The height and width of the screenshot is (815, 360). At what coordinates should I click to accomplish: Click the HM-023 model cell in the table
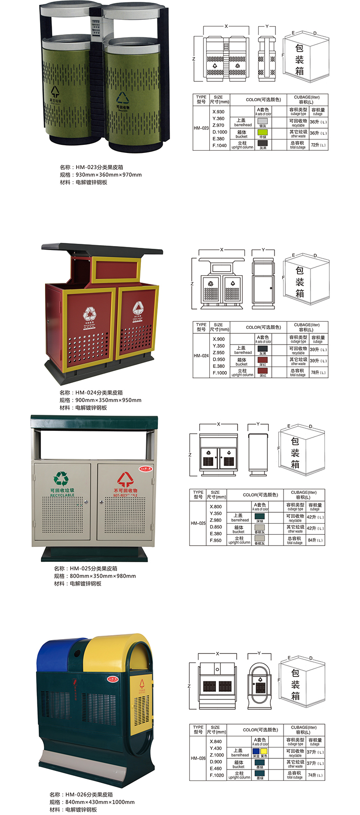201,128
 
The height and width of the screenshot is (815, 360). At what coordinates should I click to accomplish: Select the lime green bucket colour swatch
262,132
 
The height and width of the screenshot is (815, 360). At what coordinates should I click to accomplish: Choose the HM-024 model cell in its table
201,356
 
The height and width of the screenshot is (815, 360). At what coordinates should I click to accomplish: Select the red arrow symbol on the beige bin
125,479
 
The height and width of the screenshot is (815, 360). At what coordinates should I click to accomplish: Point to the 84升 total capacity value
315,540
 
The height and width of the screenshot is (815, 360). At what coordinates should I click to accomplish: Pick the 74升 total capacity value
315,775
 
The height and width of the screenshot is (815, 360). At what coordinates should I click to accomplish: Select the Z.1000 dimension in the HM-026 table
216,755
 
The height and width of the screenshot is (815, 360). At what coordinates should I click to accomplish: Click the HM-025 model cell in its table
198,524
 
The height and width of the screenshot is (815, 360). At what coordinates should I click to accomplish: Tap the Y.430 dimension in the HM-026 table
216,748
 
